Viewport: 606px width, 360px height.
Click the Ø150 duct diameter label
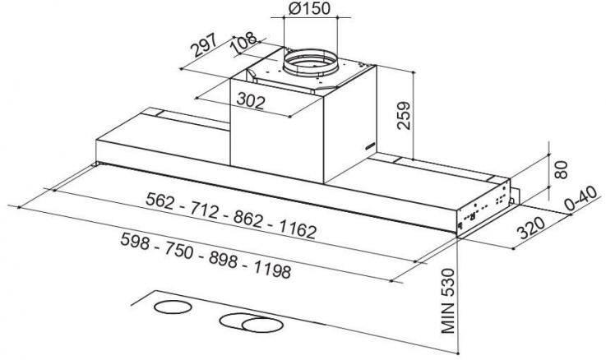[x=309, y=8]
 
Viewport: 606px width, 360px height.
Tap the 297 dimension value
[x=205, y=45]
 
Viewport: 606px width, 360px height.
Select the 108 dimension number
[x=243, y=43]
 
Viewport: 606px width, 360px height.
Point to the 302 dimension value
[x=251, y=101]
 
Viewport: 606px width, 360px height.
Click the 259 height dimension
[x=404, y=116]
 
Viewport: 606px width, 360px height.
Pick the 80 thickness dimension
[x=561, y=170]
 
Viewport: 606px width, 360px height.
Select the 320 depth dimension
[x=531, y=228]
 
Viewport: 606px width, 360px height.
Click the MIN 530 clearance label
[x=448, y=302]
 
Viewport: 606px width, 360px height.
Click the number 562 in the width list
[x=160, y=201]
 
